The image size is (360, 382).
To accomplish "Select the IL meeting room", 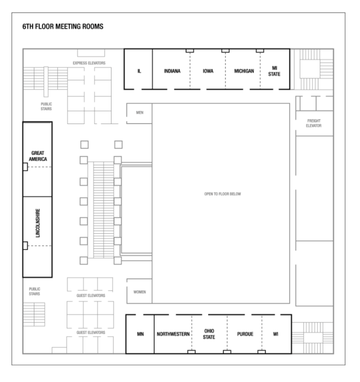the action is tap(139, 71).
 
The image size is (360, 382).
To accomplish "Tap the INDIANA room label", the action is tap(173, 71).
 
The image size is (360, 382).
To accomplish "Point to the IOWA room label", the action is tap(208, 71).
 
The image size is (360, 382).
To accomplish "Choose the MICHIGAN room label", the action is tap(243, 71).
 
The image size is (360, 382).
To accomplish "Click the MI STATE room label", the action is tap(274, 71).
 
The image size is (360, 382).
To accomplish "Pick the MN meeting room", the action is tap(140, 334).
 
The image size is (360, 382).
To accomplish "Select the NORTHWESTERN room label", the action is tap(173, 334).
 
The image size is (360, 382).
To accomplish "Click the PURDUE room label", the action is tap(244, 334).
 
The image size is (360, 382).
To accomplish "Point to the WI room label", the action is tap(275, 334).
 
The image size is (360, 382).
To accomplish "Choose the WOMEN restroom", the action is tap(139, 292).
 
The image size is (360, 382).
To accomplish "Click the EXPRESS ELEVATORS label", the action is tap(89, 63).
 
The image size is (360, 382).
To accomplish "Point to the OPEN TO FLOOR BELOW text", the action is tap(222, 194).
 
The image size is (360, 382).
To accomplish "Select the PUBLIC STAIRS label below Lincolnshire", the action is tap(34, 291).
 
